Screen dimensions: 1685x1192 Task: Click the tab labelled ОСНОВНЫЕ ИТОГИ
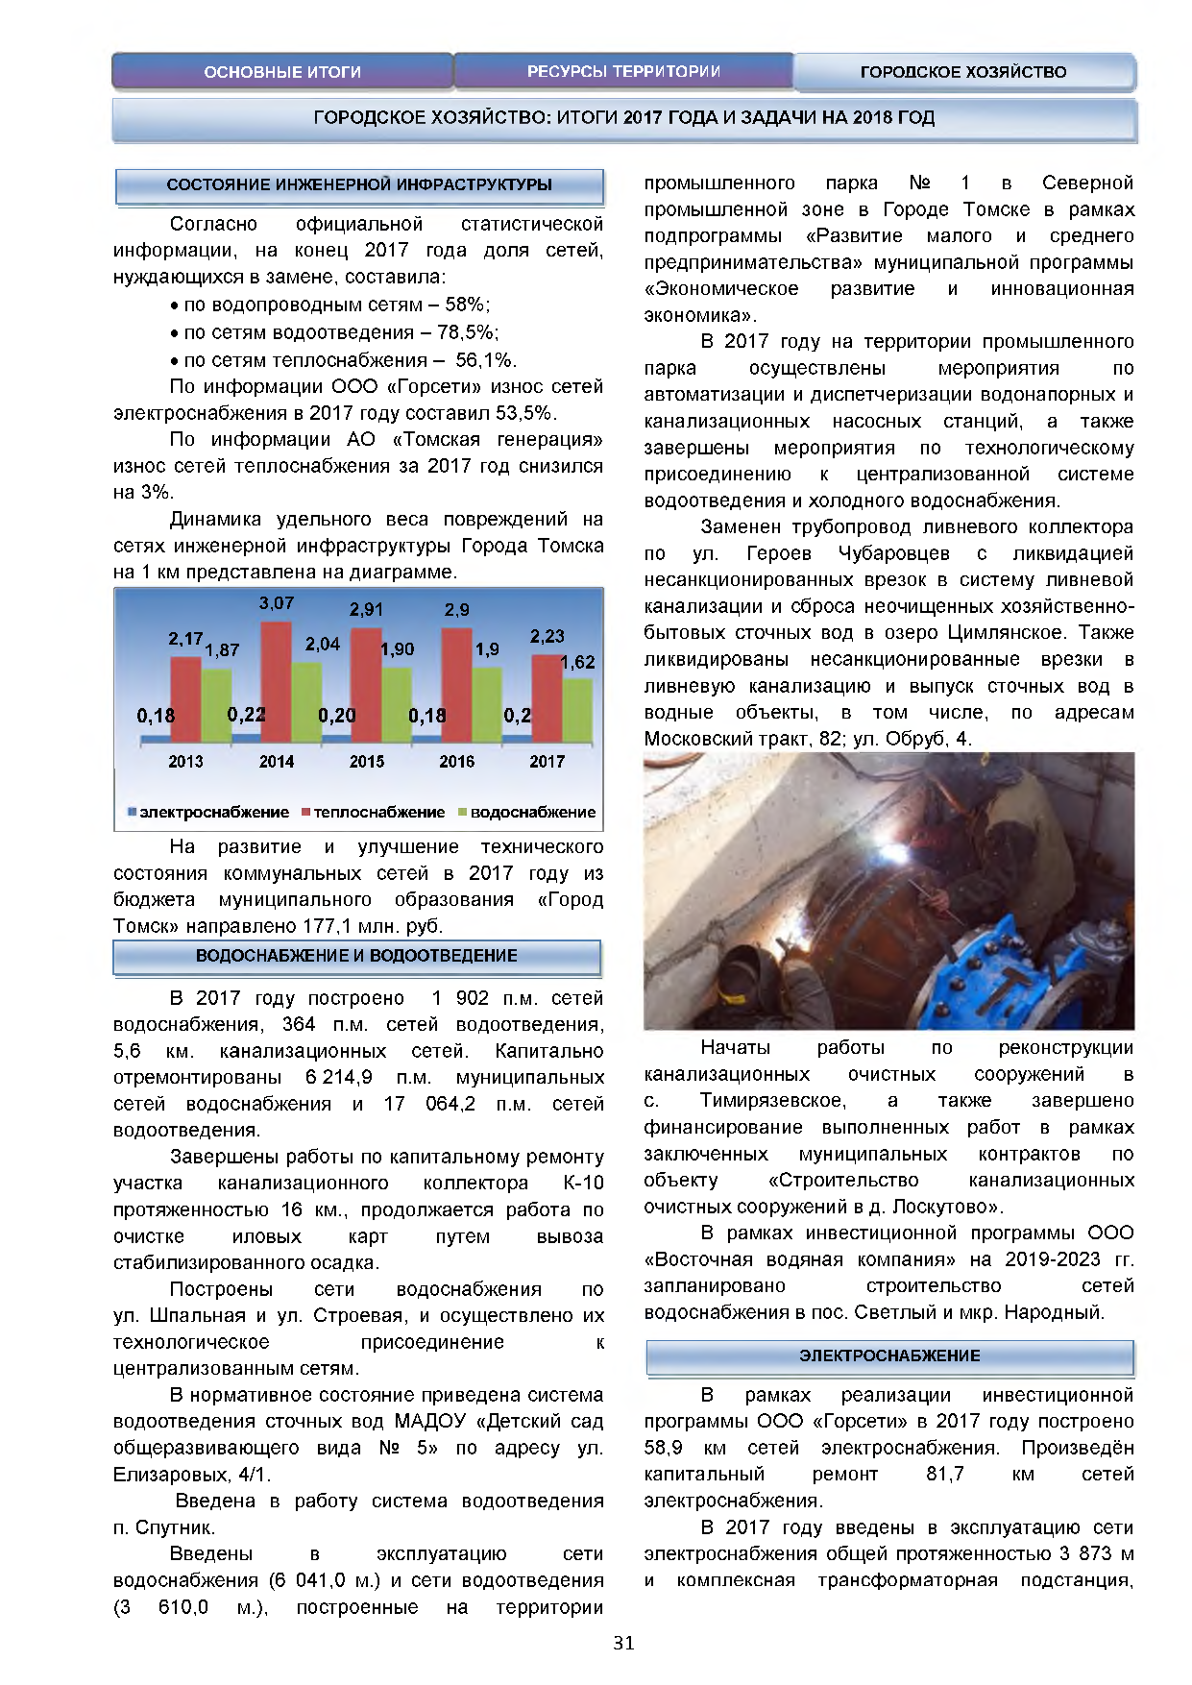click(281, 72)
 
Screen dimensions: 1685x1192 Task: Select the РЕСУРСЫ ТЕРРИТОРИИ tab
click(623, 72)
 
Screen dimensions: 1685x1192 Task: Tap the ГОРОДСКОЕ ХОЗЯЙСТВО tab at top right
click(963, 72)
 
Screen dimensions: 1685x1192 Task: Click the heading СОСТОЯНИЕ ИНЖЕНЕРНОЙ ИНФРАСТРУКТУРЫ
click(359, 185)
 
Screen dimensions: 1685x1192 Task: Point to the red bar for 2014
click(276, 682)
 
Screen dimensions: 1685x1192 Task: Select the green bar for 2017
click(577, 711)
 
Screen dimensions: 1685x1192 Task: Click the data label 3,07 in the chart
click(277, 603)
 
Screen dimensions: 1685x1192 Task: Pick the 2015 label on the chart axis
click(366, 762)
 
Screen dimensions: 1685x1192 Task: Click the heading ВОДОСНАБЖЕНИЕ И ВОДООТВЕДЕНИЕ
click(356, 957)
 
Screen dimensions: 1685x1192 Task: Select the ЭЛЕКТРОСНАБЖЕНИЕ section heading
click(889, 1356)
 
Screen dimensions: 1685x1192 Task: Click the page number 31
click(623, 1644)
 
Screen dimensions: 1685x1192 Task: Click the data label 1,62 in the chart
click(577, 663)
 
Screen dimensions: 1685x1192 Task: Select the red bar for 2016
click(456, 684)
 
